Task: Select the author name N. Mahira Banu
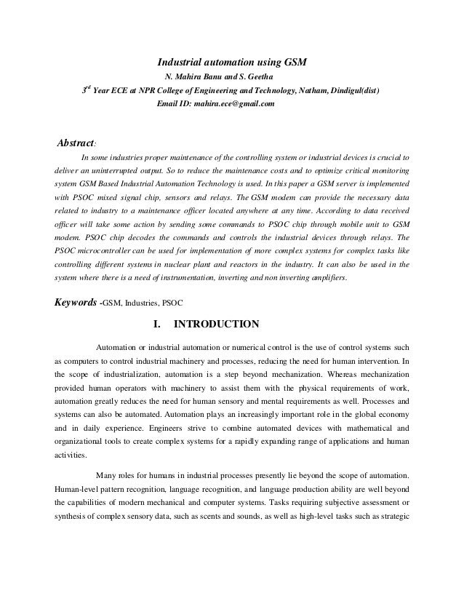pos(196,78)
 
